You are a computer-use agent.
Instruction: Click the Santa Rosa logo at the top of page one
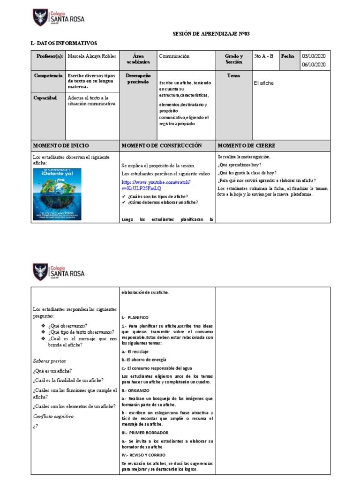[59, 17]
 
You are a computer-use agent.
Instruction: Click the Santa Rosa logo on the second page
[59, 272]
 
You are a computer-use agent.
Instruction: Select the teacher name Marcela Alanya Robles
[92, 56]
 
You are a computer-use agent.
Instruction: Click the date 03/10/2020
[314, 56]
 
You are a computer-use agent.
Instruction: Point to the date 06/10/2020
[314, 65]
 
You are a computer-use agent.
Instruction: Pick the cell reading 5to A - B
[263, 56]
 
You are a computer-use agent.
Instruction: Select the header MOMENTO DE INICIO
[60, 146]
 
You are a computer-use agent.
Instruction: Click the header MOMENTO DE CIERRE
[246, 146]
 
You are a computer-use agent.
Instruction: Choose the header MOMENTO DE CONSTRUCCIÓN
[161, 146]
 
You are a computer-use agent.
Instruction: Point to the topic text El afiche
[263, 83]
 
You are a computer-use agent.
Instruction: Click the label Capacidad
[45, 98]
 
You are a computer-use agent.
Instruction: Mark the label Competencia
[48, 75]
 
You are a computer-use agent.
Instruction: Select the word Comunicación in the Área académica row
[174, 56]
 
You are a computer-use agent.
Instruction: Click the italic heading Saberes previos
[49, 361]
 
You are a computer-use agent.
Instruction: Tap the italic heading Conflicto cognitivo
[53, 416]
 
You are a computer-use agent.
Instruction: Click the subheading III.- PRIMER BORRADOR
[145, 433]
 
